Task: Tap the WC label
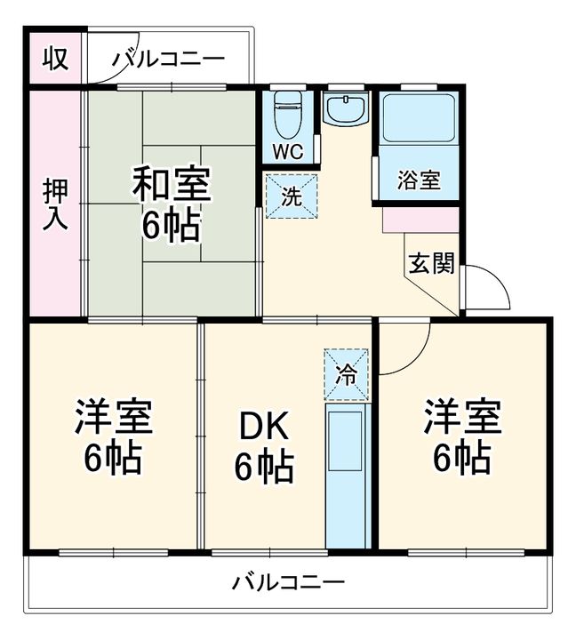click(x=286, y=151)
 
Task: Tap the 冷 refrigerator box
click(x=346, y=372)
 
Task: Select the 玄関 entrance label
click(x=432, y=263)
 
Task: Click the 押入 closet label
click(x=55, y=205)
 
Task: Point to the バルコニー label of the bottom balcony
click(x=288, y=584)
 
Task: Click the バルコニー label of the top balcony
click(x=168, y=60)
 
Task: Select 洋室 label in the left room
click(x=113, y=417)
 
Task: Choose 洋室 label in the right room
click(x=461, y=417)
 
